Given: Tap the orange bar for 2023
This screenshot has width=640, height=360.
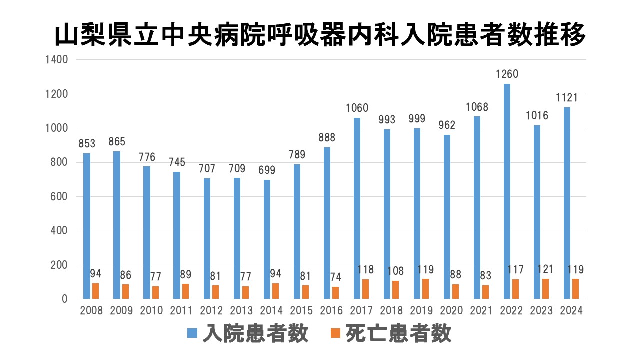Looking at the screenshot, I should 545,289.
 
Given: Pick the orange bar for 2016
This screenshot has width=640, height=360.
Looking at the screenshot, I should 335,293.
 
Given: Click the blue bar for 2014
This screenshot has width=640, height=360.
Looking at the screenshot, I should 267,239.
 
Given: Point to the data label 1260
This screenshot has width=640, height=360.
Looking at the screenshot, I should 507,75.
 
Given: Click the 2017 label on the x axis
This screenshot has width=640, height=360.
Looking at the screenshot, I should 361,311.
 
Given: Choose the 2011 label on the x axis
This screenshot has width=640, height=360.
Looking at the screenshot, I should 181,311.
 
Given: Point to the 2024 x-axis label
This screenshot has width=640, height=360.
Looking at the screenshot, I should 571,311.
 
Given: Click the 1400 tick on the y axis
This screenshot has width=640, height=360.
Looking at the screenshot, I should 57,60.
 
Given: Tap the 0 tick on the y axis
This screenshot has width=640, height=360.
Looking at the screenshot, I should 64,299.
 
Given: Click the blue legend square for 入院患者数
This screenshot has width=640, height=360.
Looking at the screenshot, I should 192,333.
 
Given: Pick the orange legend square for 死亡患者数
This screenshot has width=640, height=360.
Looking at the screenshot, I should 336,333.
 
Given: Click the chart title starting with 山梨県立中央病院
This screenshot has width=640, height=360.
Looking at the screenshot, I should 320,36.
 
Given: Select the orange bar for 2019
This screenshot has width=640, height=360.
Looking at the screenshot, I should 425,289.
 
